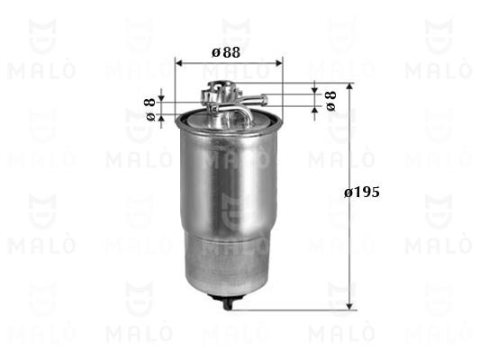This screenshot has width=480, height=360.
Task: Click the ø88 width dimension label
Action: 226,52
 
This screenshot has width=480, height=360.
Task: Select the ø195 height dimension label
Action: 362,193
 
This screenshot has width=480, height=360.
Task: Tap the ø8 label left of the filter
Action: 149,110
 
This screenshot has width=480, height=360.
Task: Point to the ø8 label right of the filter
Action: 331,101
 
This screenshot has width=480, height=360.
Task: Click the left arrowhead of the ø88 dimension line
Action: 178,63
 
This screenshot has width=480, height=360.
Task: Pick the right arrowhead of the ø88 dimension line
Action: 279,63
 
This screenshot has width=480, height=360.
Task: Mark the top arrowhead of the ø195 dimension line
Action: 349,85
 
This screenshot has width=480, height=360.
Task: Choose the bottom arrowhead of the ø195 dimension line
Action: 349,307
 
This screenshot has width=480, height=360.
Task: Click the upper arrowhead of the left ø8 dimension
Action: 161,98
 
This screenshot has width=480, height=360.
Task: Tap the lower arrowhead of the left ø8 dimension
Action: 161,117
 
